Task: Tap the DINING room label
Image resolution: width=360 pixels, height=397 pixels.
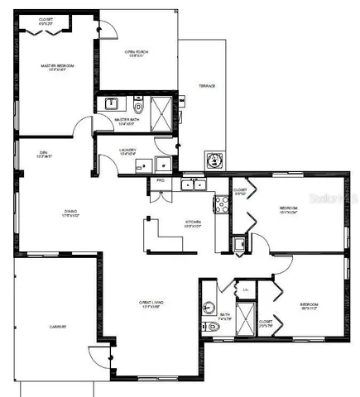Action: point(71,213)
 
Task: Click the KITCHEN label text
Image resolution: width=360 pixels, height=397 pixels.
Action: point(194,222)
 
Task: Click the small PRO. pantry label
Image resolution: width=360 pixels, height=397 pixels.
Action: point(161,179)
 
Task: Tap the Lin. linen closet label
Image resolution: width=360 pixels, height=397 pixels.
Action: point(246,289)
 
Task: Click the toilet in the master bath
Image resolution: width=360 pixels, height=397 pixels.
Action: point(138,106)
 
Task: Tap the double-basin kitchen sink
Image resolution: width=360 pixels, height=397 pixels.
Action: point(193,184)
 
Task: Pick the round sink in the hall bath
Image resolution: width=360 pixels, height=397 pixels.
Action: point(209,309)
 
